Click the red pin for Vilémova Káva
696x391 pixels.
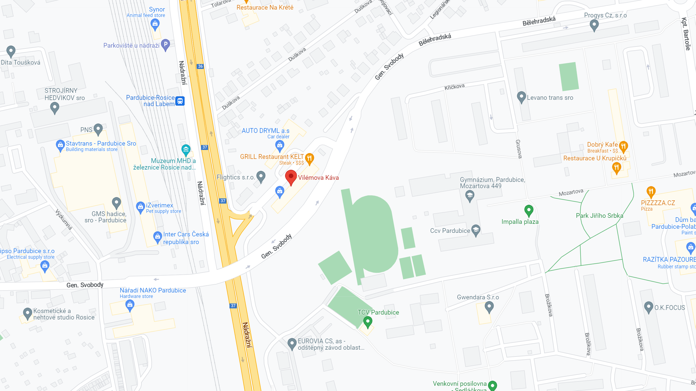pyautogui.click(x=291, y=177)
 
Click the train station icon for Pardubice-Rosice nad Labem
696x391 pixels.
pyautogui.click(x=180, y=101)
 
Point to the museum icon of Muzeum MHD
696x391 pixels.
pyautogui.click(x=186, y=149)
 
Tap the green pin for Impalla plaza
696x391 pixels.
pyautogui.click(x=529, y=210)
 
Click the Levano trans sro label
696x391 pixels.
pyautogui.click(x=550, y=98)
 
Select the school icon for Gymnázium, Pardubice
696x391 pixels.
pyautogui.click(x=470, y=195)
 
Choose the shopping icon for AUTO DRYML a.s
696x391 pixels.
pyautogui.click(x=279, y=145)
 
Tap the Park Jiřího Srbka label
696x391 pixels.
pyautogui.click(x=599, y=216)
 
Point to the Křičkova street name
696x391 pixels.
pyautogui.click(x=454, y=87)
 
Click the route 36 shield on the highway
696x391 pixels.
pyautogui.click(x=200, y=66)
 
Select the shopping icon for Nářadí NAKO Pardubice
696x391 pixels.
pyautogui.click(x=130, y=304)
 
